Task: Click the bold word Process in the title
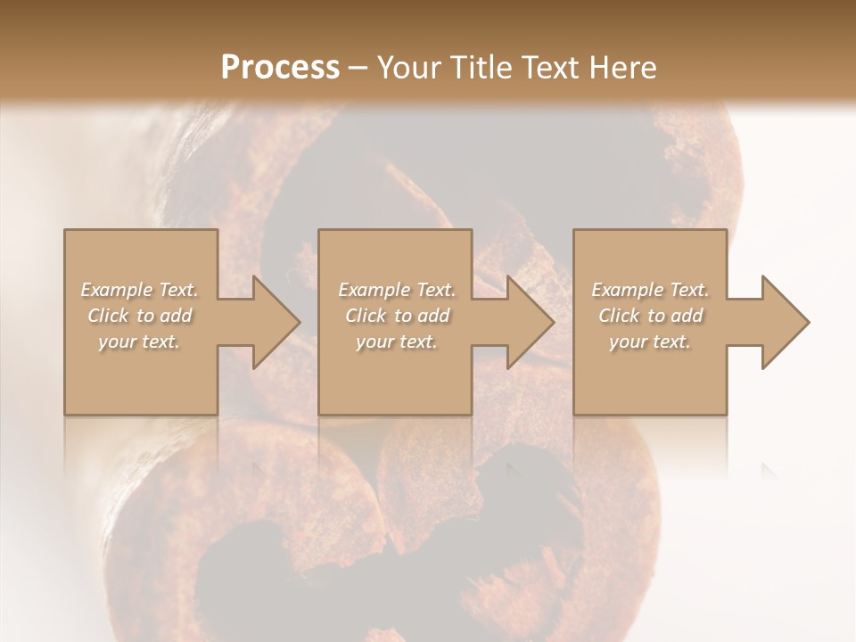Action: [x=280, y=68]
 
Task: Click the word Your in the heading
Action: [x=406, y=68]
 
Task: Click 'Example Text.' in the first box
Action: [x=140, y=290]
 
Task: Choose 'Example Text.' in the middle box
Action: [x=397, y=290]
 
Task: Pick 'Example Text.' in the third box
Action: [x=650, y=290]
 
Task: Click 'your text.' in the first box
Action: [x=139, y=342]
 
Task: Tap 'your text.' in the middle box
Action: [x=396, y=342]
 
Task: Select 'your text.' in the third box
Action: [x=649, y=342]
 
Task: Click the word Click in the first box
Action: [x=108, y=316]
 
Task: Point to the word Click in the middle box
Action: [x=366, y=316]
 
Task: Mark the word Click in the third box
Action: [x=619, y=316]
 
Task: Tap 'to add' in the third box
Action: [x=679, y=316]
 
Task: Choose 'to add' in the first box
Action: [x=169, y=316]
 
